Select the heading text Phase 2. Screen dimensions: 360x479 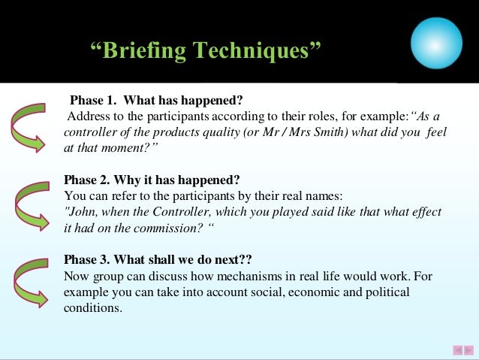tap(89, 180)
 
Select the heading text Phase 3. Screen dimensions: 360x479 tap(89, 260)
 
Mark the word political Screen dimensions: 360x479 tap(387, 292)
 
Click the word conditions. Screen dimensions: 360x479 tap(92, 307)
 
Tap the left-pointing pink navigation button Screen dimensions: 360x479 tap(457, 349)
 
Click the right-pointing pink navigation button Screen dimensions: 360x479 tap(468, 349)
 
